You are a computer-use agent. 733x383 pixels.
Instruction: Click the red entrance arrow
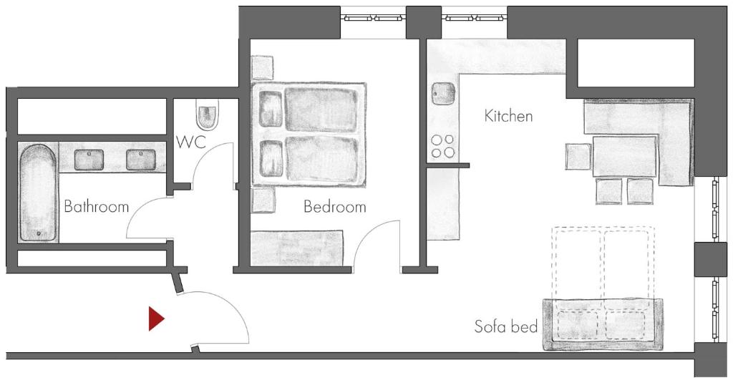156,319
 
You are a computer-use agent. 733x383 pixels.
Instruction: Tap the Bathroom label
97,207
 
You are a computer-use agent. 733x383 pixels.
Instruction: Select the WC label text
190,142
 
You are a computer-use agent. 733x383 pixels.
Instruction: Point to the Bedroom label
335,207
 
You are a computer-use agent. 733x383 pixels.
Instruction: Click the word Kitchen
509,115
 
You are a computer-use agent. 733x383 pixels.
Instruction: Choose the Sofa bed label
506,326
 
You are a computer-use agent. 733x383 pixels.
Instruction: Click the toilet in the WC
207,114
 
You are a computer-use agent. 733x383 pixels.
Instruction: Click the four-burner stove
442,146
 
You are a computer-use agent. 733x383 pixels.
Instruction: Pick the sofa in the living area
603,324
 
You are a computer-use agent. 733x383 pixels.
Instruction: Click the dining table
624,157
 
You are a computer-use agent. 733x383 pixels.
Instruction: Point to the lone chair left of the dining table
579,157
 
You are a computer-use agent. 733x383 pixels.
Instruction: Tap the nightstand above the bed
262,68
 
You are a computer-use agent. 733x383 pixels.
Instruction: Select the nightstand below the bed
263,200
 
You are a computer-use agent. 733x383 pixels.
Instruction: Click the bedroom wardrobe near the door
297,248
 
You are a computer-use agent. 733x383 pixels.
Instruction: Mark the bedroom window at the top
373,18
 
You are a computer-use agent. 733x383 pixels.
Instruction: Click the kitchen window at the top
474,18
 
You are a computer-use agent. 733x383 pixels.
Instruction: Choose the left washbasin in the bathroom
89,160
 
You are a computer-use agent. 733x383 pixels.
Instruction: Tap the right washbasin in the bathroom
141,160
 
